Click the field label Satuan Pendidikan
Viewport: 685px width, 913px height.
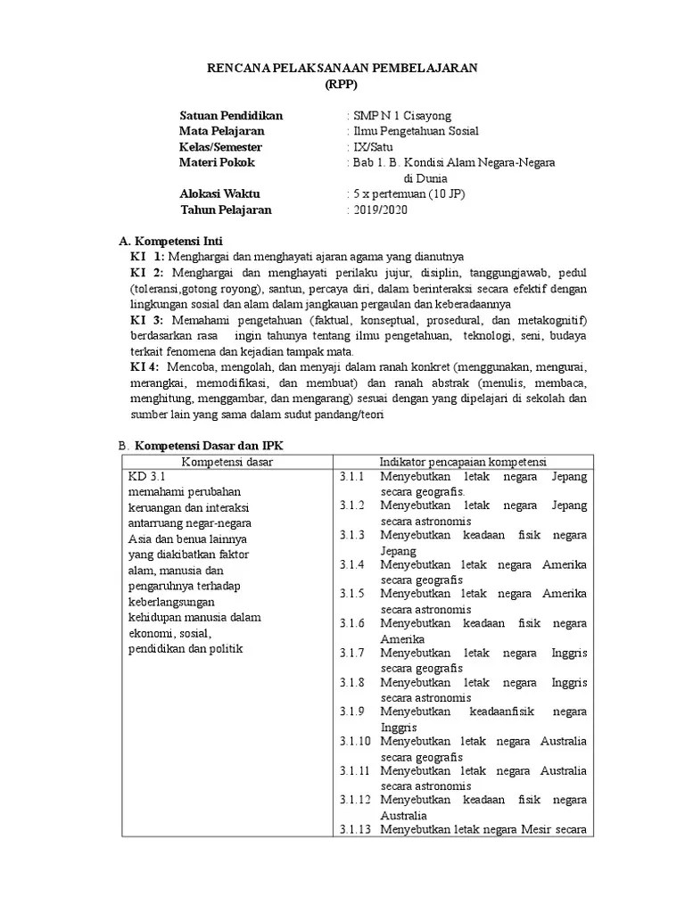click(231, 116)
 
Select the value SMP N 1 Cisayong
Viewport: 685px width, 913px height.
click(401, 116)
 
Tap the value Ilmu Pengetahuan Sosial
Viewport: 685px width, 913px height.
click(416, 131)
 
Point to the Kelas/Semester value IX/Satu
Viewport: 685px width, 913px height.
click(371, 147)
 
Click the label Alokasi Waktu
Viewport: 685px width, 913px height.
click(219, 193)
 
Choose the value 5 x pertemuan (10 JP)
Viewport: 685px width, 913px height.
click(409, 193)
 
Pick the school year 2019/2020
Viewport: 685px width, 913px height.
click(378, 210)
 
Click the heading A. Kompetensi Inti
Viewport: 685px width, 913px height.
click(171, 241)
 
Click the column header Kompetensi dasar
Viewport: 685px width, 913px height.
click(227, 461)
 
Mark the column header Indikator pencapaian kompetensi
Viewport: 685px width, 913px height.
click(463, 461)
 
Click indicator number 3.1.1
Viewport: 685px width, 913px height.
click(353, 477)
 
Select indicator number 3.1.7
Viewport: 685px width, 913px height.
click(353, 653)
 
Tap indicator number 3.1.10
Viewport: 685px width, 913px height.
click(356, 741)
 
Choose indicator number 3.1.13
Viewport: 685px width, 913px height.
click(356, 829)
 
